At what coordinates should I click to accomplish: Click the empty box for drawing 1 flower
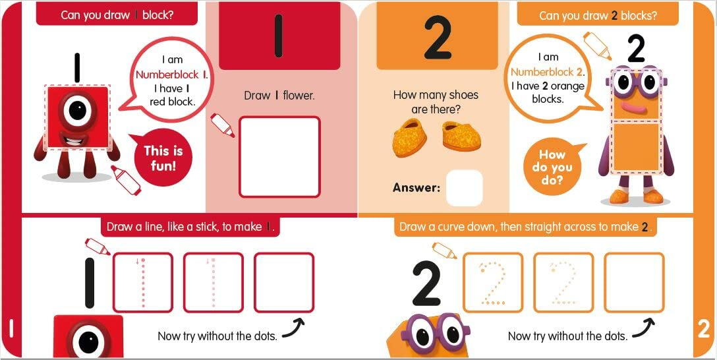click(x=279, y=157)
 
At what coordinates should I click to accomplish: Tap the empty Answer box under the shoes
click(x=464, y=188)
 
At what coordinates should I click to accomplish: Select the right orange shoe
click(x=461, y=136)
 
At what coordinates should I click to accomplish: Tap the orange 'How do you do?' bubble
click(x=552, y=167)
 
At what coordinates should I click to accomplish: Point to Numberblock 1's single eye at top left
click(x=78, y=111)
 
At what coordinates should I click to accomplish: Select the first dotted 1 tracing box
click(x=143, y=282)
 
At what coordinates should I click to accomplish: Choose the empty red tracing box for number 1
click(x=284, y=282)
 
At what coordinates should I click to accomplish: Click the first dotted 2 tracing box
click(x=493, y=282)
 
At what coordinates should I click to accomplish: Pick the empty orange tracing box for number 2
click(x=633, y=282)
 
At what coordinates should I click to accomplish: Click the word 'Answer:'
click(x=416, y=188)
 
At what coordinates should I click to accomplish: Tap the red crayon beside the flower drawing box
click(x=222, y=125)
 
